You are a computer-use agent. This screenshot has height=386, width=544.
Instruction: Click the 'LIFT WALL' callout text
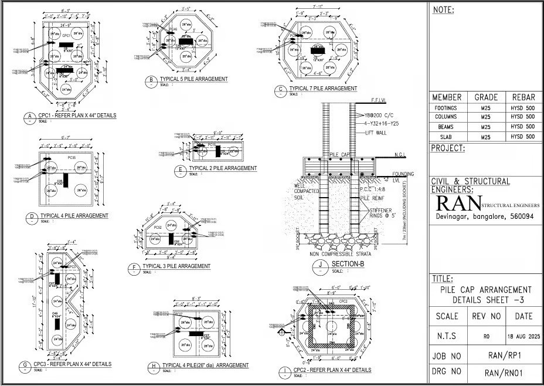pyautogui.click(x=376, y=133)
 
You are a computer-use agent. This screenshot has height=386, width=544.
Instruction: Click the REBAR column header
pyautogui.click(x=523, y=97)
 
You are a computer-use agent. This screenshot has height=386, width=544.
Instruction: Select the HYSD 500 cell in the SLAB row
pyautogui.click(x=523, y=137)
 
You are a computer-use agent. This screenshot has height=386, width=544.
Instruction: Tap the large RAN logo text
pyautogui.click(x=458, y=204)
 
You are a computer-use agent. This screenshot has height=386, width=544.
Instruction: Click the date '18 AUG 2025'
pyautogui.click(x=523, y=337)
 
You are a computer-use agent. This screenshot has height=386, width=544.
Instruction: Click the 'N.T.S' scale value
pyautogui.click(x=447, y=337)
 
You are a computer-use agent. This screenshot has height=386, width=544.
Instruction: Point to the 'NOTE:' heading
pyautogui.click(x=444, y=11)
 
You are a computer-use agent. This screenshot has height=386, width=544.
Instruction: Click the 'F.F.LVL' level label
pyautogui.click(x=373, y=100)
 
